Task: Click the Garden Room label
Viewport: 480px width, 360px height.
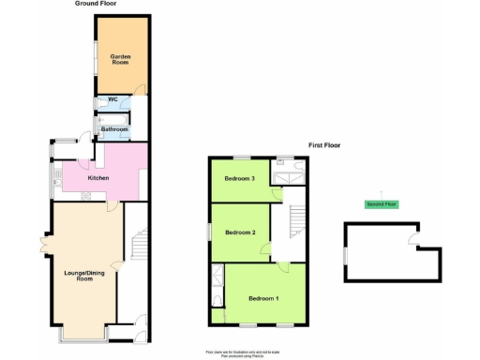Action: [x=120, y=60]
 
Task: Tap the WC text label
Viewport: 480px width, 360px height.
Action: [x=113, y=99]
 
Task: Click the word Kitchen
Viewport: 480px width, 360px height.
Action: [x=98, y=177]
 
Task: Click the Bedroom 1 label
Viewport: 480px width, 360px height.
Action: [x=262, y=298]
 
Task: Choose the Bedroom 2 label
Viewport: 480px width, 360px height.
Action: [x=239, y=232]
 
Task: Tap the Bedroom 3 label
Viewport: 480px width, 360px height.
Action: [x=239, y=178]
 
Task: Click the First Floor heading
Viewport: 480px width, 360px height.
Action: [x=325, y=145]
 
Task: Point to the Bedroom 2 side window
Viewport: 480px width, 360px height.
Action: [x=210, y=232]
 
